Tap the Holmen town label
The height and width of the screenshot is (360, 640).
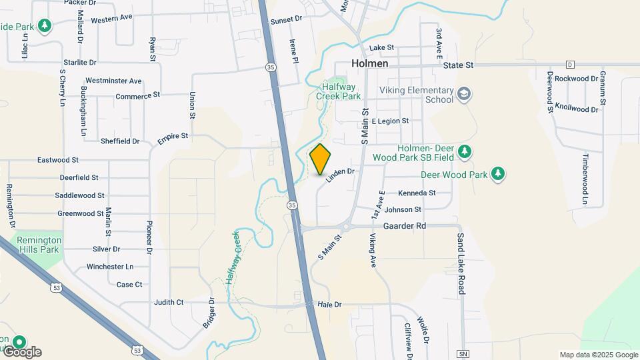coord(370,64)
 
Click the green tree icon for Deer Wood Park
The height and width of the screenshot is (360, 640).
coord(497,175)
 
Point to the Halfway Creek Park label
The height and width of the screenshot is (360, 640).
coord(341,91)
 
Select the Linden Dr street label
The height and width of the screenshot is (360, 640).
coord(339,175)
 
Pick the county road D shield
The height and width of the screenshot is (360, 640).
coord(570,65)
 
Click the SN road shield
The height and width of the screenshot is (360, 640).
coord(463,353)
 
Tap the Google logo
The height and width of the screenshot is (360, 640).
coord(22,351)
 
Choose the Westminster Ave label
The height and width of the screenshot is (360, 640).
coord(113,81)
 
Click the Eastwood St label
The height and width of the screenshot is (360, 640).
coord(58,160)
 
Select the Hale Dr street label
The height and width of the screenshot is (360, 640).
coord(329,304)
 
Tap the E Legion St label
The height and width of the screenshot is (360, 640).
coord(390,121)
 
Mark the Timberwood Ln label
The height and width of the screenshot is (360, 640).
coord(585,179)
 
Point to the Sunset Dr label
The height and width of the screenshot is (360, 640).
coord(287,21)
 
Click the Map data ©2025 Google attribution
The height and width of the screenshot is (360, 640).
coord(599,355)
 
